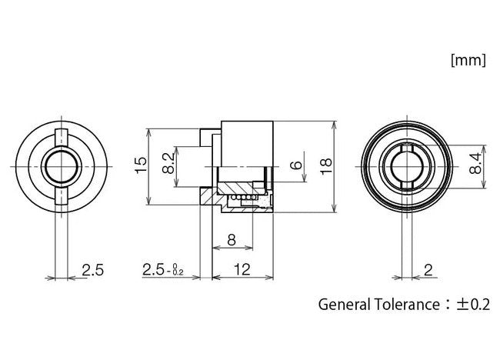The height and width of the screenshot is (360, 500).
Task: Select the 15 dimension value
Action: click(x=139, y=165)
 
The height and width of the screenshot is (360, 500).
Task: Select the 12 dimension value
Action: click(x=243, y=270)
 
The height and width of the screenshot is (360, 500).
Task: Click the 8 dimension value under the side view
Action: click(x=232, y=240)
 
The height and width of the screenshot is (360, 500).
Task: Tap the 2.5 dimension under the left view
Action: click(x=92, y=270)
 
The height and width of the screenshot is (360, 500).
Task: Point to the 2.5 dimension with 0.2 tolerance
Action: click(x=162, y=270)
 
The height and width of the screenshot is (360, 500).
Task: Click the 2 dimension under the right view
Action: click(x=426, y=270)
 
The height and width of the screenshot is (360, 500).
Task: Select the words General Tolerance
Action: click(x=377, y=304)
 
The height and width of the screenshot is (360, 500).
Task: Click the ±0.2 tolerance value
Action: click(x=472, y=304)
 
